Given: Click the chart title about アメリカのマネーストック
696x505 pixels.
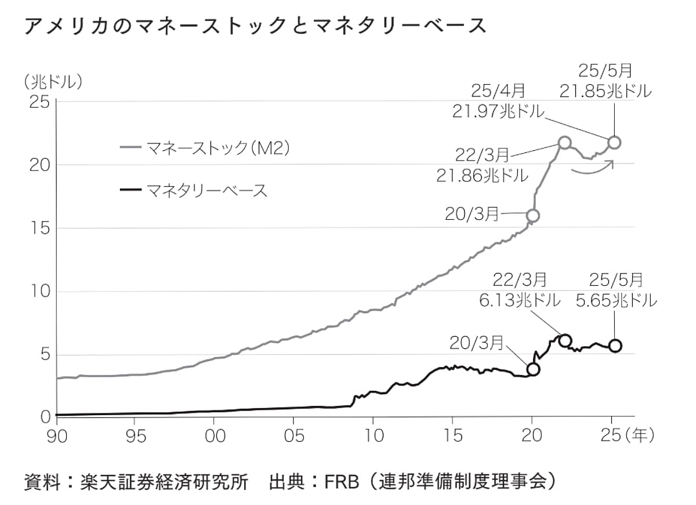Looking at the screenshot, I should [x=255, y=26].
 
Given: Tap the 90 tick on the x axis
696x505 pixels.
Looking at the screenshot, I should [x=57, y=435].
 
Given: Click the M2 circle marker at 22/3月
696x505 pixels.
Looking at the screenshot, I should [x=564, y=143].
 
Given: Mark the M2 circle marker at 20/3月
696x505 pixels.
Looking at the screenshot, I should [x=532, y=216].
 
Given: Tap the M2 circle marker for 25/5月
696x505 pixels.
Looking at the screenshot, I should [x=614, y=142].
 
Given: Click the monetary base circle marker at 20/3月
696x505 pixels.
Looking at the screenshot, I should [x=533, y=369].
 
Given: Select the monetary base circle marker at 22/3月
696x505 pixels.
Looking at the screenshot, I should [x=564, y=340].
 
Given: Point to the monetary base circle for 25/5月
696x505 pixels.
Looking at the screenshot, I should [x=615, y=346].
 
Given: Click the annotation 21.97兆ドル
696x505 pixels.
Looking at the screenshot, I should [x=499, y=111].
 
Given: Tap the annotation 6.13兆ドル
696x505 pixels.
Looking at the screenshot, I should [x=520, y=301].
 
